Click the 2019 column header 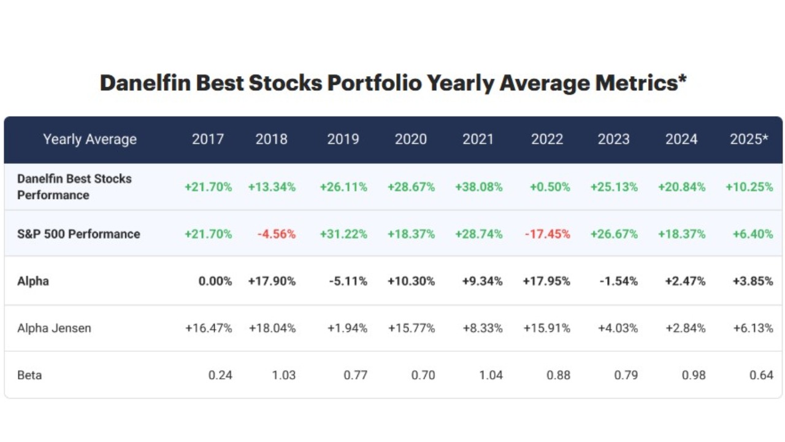click(343, 139)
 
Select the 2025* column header click(749, 139)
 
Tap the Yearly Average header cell click(90, 139)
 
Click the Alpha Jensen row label click(54, 328)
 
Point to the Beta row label click(29, 374)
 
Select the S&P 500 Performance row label click(78, 234)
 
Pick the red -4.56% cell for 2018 click(276, 234)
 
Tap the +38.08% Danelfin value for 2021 click(478, 187)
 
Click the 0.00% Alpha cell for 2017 click(215, 281)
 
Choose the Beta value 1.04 click(491, 374)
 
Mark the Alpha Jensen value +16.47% click(209, 328)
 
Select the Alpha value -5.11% click(348, 281)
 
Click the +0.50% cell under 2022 click(549, 187)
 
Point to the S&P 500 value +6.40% click(752, 234)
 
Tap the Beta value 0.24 click(220, 374)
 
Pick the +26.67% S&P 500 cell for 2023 click(614, 234)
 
